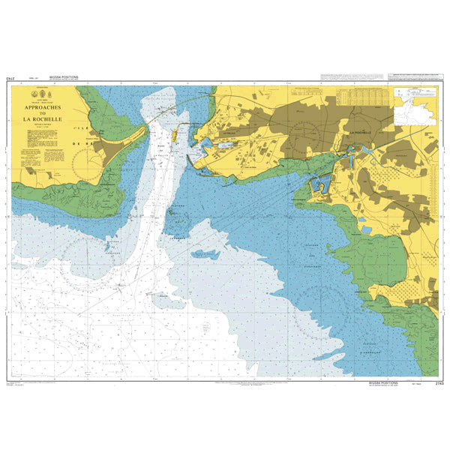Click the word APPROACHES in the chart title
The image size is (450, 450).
pos(43,106)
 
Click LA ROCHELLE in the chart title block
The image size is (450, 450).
pos(43,118)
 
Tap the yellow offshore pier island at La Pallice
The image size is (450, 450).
pos(175,136)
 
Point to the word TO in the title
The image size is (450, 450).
pos(43,112)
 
